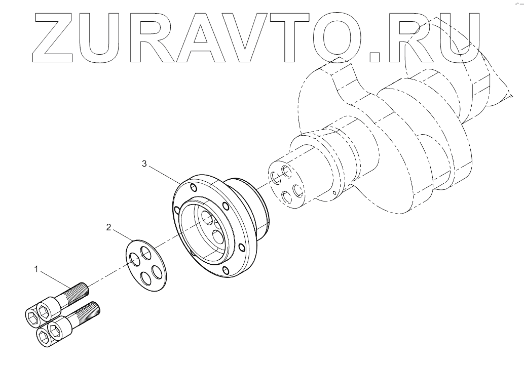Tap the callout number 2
tap(108, 227)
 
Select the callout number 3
tap(144, 164)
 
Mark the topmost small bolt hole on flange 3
tap(193, 187)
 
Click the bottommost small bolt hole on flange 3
tap(224, 269)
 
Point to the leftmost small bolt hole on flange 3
tap(176, 210)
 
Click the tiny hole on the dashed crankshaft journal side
tap(335, 193)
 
